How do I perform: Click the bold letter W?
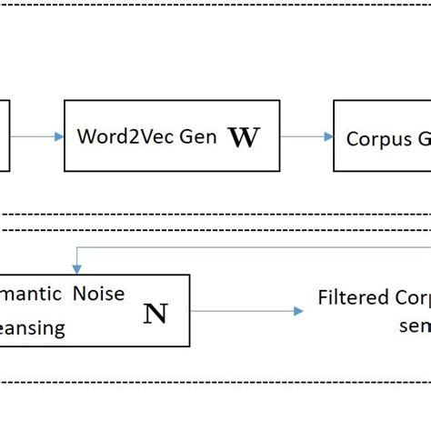tap(244, 137)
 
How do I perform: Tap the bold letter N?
tap(155, 314)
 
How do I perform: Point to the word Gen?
tap(198, 137)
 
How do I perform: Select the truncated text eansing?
tap(34, 327)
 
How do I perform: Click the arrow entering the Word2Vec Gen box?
tap(36, 137)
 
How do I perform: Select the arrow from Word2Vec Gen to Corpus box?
tap(306, 137)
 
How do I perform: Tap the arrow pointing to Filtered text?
tap(246, 311)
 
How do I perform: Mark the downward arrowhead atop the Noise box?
tap(77, 269)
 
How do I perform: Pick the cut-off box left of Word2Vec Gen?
tap(4, 136)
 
